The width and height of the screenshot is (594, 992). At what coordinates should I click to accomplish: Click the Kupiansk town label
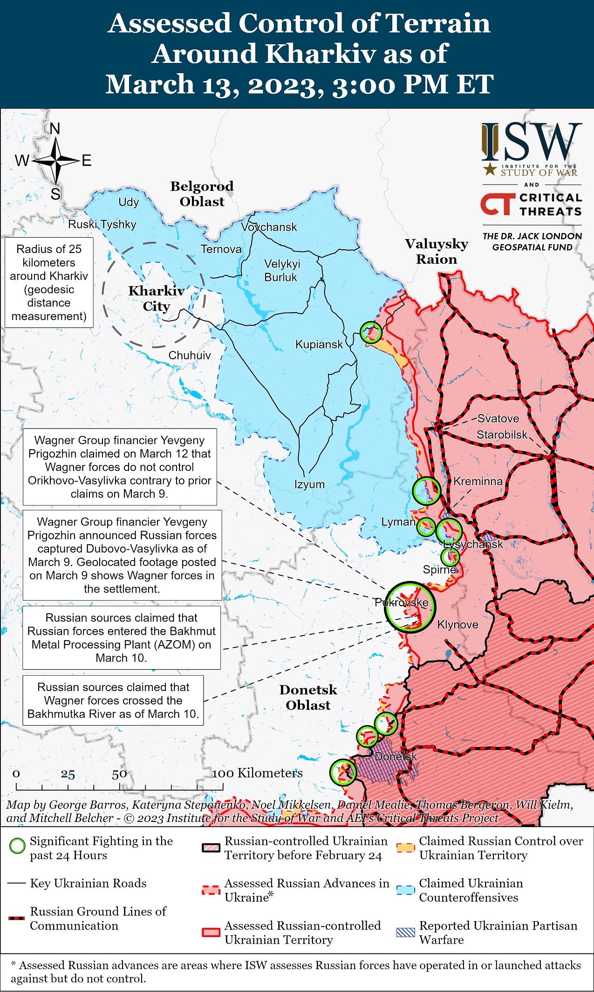[x=319, y=344]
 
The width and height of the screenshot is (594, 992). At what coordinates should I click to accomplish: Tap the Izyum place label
[x=309, y=484]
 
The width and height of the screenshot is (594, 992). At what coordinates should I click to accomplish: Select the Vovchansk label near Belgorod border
[x=269, y=227]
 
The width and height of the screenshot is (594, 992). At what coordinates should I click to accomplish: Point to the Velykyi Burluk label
[x=282, y=270]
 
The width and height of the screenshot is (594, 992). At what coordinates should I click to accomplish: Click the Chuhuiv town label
[x=189, y=355]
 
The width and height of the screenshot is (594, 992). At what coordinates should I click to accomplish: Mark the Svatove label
[x=498, y=418]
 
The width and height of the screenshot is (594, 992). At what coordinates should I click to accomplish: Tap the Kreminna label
[x=478, y=481]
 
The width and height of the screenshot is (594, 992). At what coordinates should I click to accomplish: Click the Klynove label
[x=457, y=624]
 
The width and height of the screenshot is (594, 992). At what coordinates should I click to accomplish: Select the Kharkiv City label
[x=157, y=298]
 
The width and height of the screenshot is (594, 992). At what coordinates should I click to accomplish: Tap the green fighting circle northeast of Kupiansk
[x=371, y=332]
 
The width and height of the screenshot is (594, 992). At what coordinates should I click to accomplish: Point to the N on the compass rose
[x=55, y=129]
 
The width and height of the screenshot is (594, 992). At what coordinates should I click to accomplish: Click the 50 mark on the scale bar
[x=119, y=774]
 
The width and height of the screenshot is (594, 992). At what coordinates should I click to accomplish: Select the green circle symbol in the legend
[x=17, y=846]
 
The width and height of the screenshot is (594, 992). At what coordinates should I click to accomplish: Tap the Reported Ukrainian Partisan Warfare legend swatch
[x=405, y=932]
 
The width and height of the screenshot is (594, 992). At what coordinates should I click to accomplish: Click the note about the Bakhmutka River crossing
[x=113, y=700]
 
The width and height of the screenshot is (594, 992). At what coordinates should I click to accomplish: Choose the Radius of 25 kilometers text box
[x=49, y=282]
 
